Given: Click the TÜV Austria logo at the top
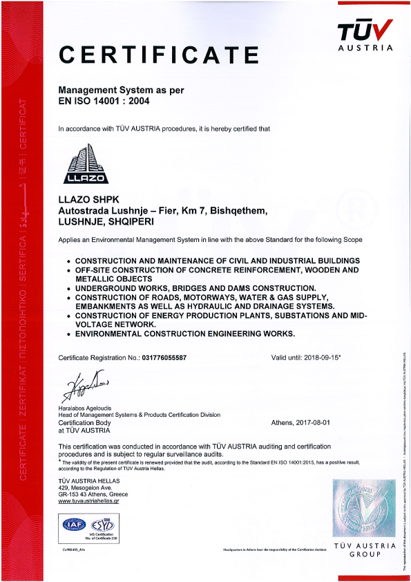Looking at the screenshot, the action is coord(365,35).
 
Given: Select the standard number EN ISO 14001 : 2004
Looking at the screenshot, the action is coord(104,101).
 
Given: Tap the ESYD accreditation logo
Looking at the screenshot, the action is coord(102,523).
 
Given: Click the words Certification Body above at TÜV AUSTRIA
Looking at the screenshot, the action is coord(84,422).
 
